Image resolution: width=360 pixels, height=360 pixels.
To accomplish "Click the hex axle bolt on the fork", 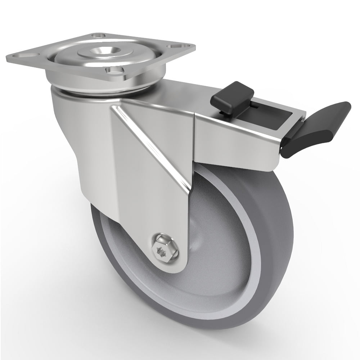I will pos(163,247).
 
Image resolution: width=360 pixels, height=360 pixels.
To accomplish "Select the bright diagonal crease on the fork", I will pos(151,144).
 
